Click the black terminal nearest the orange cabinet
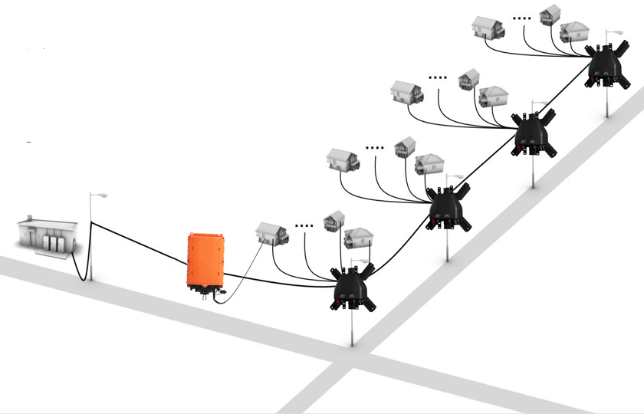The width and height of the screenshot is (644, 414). click(x=353, y=287)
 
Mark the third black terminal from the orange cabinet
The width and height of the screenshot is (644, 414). click(x=532, y=133)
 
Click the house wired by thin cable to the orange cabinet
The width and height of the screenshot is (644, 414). click(x=271, y=233)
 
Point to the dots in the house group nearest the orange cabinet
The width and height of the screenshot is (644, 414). click(x=304, y=226)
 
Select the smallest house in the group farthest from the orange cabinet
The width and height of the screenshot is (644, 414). click(x=550, y=15)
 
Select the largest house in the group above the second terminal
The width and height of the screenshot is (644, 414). click(x=343, y=159)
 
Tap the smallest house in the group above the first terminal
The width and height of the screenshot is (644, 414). click(x=334, y=221)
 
